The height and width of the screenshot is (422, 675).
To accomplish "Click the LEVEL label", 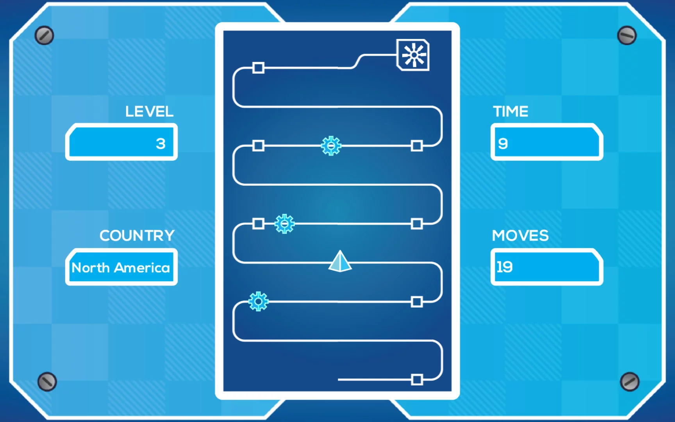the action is click(149, 112).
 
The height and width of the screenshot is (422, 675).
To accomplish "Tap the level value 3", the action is click(161, 143).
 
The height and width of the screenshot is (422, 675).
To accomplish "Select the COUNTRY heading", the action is click(137, 236).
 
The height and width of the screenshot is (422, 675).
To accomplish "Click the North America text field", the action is click(121, 267).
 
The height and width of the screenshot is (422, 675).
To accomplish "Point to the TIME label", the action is click(511, 112).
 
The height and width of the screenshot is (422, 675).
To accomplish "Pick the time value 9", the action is click(503, 143).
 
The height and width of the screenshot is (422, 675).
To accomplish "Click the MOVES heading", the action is click(520, 236).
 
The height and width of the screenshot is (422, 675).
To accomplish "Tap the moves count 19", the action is click(504, 267).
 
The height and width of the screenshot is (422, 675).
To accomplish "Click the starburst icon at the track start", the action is click(413, 55).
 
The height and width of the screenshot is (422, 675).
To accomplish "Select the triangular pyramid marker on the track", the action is click(340, 261).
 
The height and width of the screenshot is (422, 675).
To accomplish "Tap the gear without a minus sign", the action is click(258, 301).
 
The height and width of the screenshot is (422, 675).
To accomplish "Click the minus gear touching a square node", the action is click(284, 224).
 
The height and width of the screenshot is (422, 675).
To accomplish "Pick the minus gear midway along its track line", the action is click(331, 146).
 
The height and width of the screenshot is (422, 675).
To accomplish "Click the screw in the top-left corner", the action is click(44, 36).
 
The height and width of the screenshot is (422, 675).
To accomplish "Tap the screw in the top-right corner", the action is click(627, 36).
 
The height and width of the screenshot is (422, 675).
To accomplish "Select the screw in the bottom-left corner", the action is click(47, 382).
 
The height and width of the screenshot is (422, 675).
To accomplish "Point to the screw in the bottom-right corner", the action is click(630, 382).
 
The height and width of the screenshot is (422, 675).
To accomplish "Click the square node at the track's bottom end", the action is click(417, 379).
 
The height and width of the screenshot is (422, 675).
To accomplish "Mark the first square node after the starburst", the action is click(258, 68).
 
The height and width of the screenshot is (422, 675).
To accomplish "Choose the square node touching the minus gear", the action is click(258, 224).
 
